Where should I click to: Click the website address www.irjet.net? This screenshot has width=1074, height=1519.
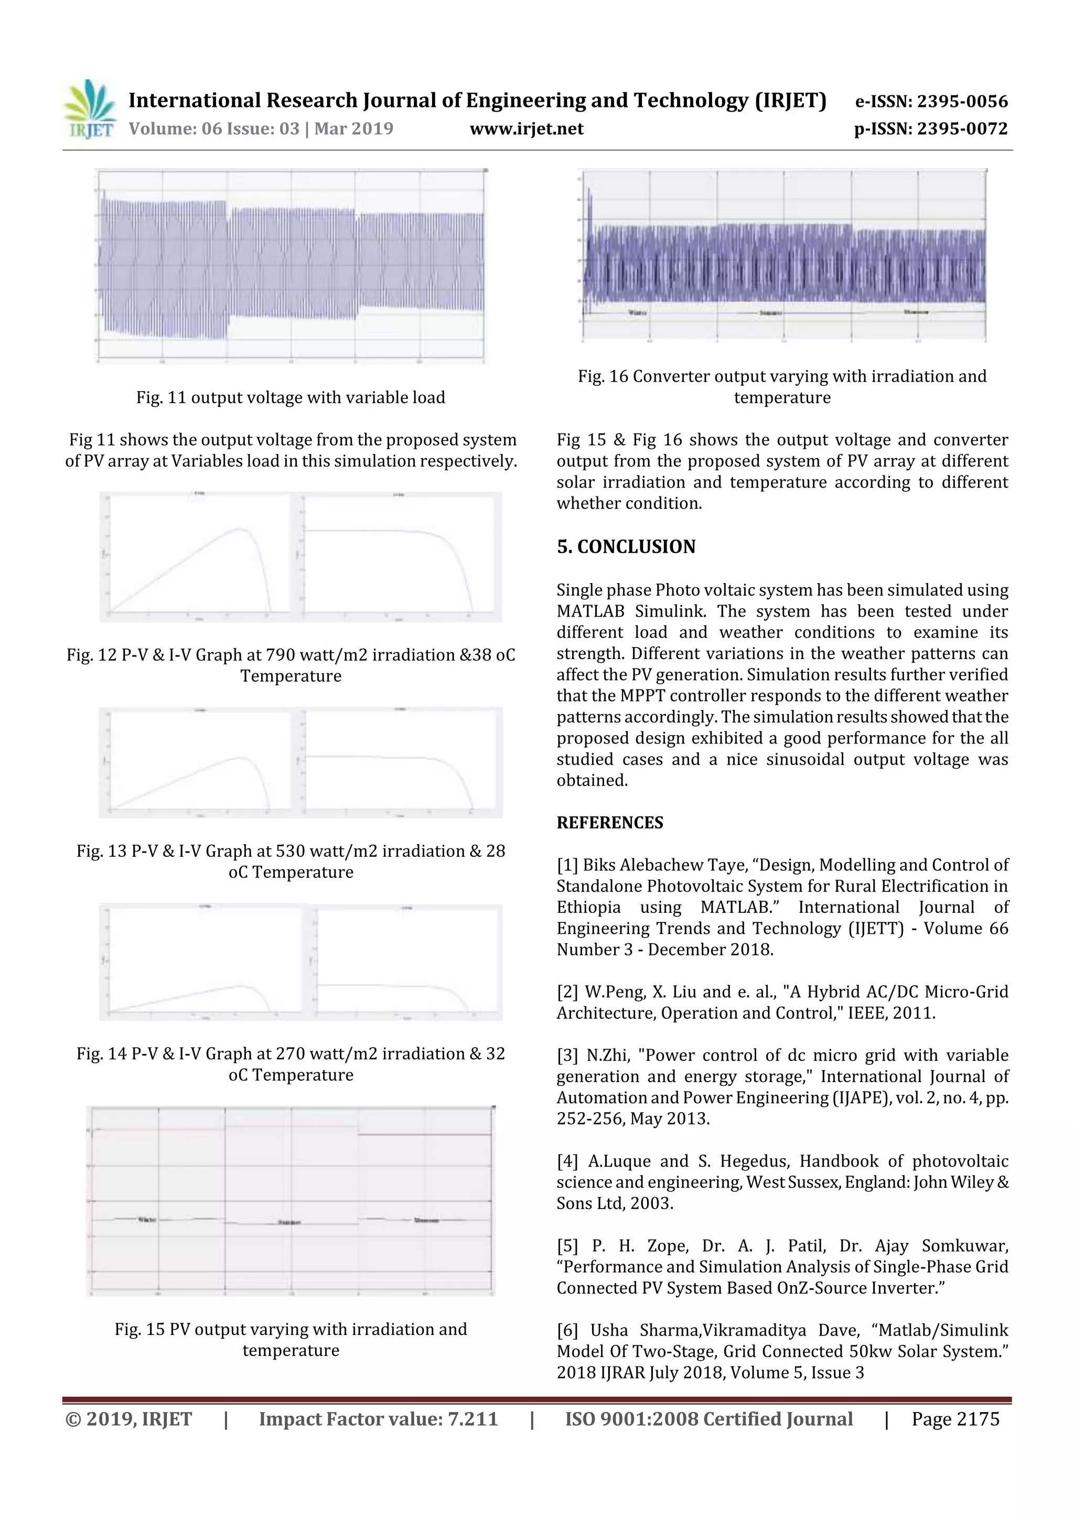pos(526,128)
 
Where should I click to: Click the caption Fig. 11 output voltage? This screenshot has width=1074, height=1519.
pos(291,397)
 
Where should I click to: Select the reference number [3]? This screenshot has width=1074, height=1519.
pos(567,1055)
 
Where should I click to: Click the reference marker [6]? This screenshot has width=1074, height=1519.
pos(567,1330)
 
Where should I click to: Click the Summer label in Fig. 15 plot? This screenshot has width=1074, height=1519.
pos(289,1222)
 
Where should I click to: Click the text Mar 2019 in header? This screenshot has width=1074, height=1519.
pos(353,128)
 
